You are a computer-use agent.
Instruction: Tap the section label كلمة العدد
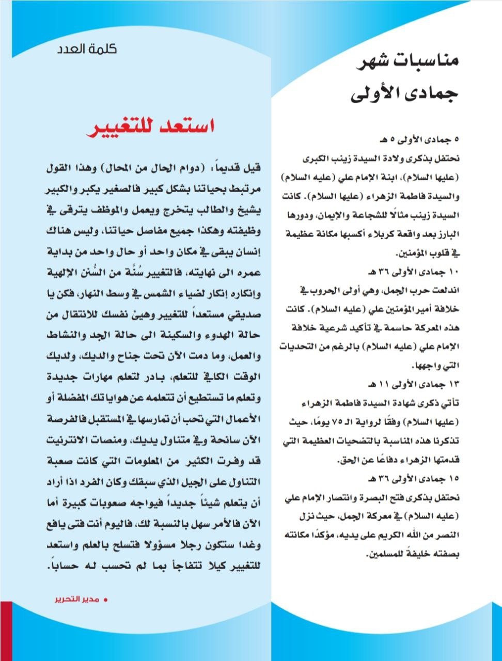[87, 49]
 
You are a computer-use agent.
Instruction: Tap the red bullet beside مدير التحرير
[106, 600]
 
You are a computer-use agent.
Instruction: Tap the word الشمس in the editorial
[150, 295]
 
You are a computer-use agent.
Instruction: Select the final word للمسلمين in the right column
[385, 554]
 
